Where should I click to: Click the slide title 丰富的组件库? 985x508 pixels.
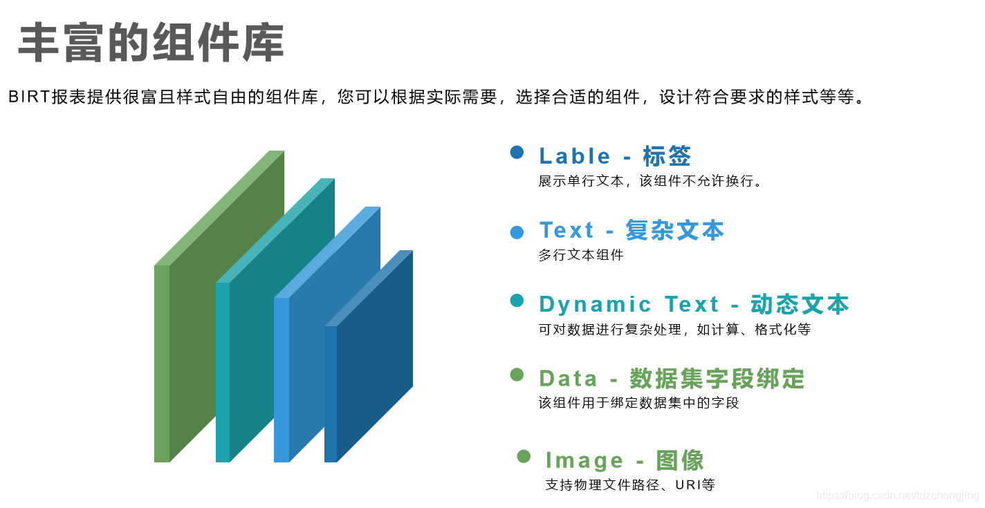(151, 43)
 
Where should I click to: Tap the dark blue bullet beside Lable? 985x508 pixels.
(517, 152)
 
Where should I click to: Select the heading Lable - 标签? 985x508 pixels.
(615, 156)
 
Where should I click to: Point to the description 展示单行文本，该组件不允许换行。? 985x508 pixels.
(650, 182)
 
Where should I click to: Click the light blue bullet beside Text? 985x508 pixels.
(517, 232)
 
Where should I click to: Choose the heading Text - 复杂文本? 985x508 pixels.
(631, 230)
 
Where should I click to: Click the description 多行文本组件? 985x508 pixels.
(581, 255)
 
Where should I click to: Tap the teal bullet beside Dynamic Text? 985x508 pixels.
(517, 300)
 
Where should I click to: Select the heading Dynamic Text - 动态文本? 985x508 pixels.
(694, 304)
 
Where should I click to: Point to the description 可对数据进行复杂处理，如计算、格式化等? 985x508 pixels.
(674, 330)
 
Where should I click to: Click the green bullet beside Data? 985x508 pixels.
(517, 375)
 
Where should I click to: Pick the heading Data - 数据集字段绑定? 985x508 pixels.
(672, 379)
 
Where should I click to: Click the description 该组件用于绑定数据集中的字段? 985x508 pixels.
(638, 403)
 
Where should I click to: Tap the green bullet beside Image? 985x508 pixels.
(524, 456)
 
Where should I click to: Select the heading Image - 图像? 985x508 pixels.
(624, 460)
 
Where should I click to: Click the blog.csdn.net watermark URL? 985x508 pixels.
(897, 496)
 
